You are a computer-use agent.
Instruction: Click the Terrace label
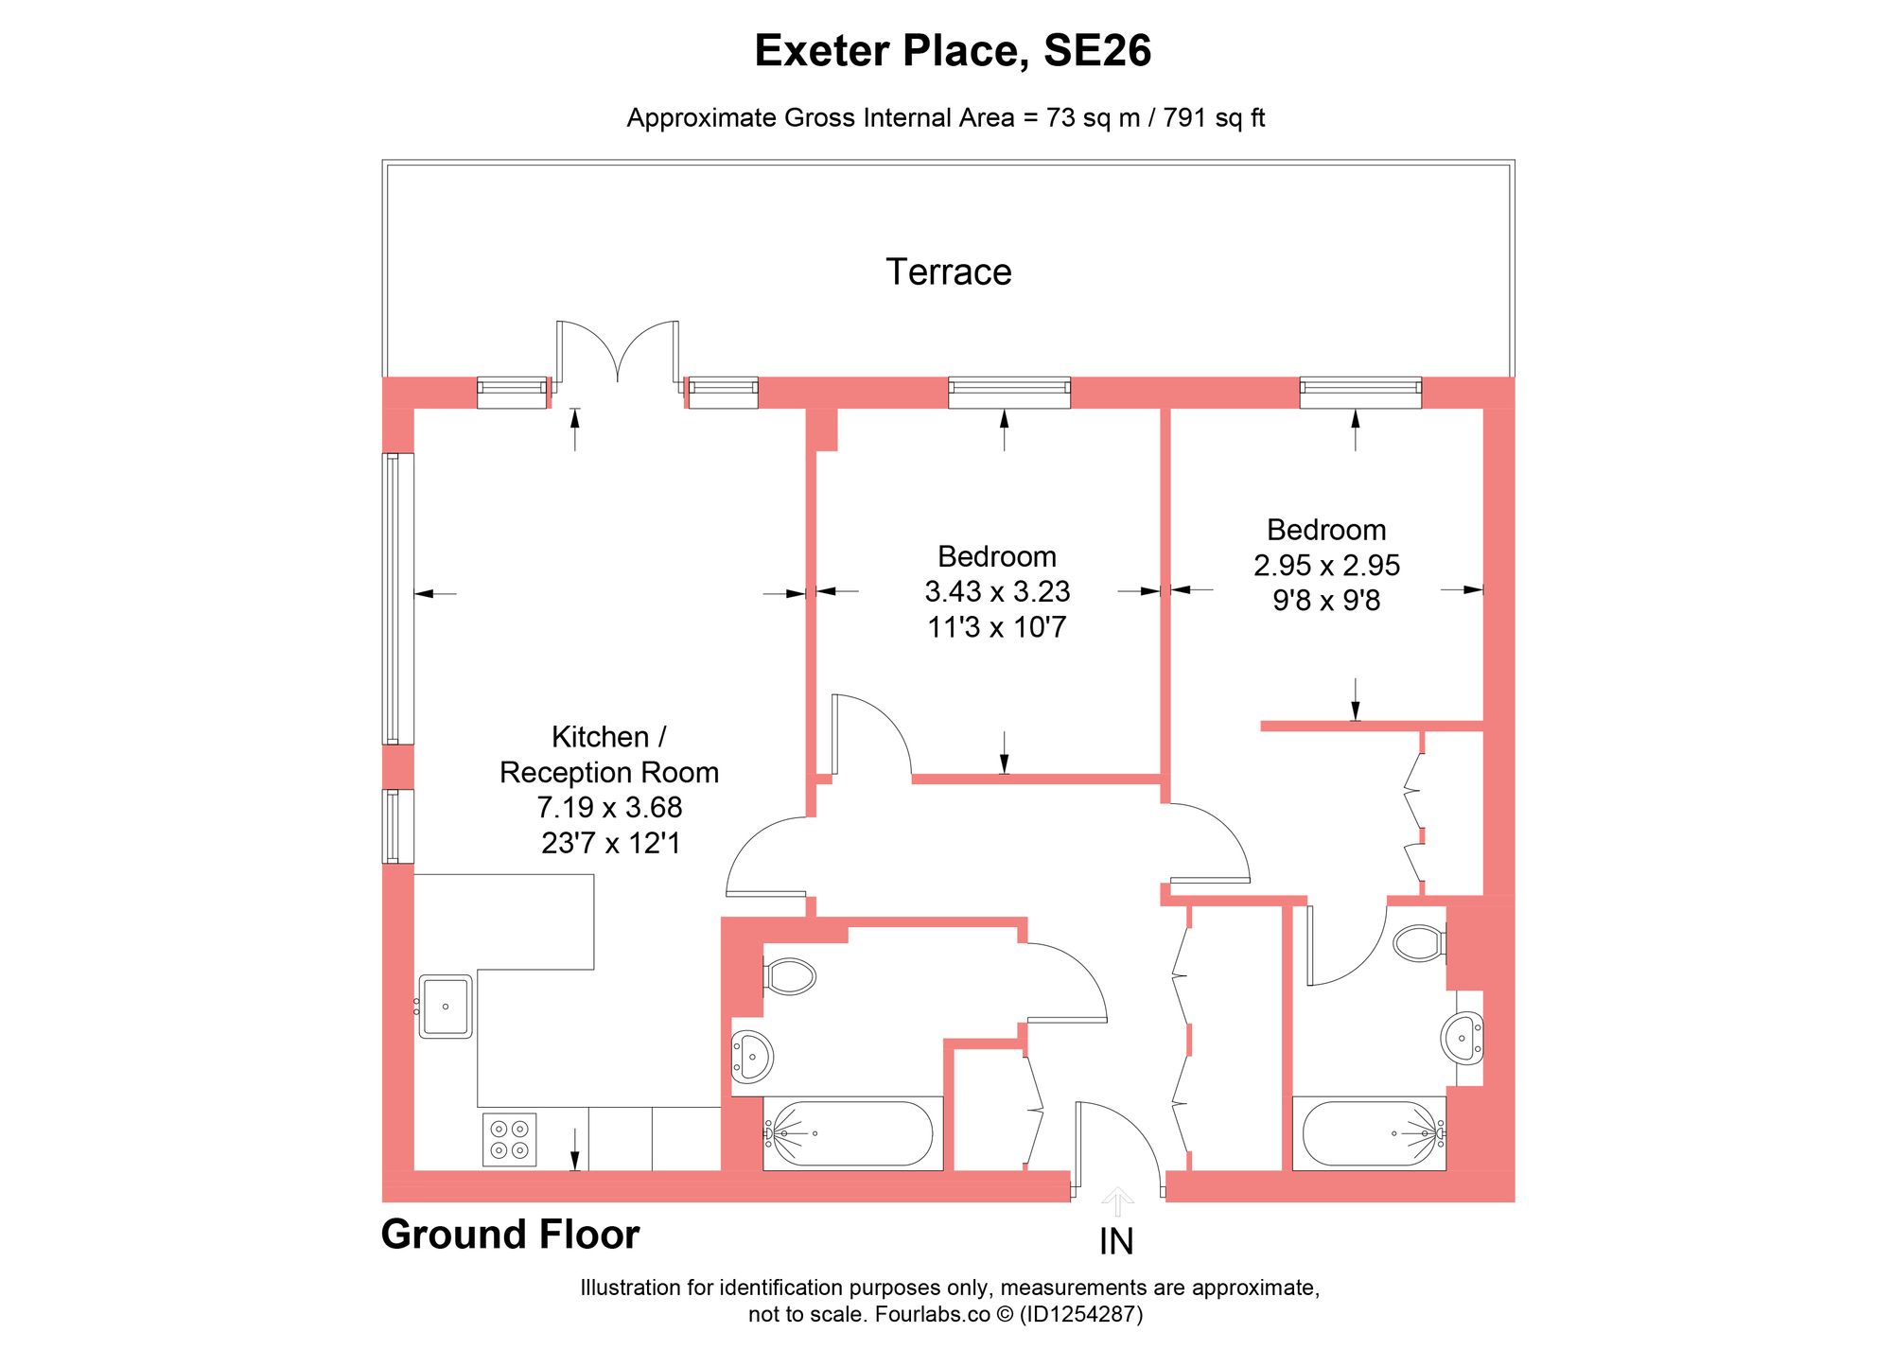pos(948,272)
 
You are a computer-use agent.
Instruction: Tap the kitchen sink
pos(446,1007)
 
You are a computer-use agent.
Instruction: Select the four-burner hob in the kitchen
pos(509,1139)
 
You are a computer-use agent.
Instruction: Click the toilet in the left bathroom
pos(790,976)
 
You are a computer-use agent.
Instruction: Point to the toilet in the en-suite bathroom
pos(1418,943)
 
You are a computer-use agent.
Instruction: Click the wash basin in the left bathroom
pos(752,1056)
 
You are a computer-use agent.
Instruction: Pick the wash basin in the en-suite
pos(1463,1038)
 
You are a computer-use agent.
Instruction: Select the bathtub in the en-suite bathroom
pos(1369,1133)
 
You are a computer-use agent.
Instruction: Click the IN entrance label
pos(1116,1242)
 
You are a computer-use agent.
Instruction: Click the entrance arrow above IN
pos(1117,1201)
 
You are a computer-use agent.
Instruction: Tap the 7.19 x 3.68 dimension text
pos(609,808)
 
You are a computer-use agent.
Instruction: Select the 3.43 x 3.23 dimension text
pos(997,592)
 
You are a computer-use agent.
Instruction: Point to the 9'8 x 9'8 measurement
pos(1326,601)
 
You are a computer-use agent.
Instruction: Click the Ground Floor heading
pos(510,1235)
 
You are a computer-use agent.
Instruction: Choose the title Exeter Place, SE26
pos(952,51)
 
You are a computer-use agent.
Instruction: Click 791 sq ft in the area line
pos(1214,118)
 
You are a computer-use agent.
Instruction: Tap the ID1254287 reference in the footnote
pos(1080,1314)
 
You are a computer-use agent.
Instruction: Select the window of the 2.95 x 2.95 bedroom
pos(1360,392)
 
